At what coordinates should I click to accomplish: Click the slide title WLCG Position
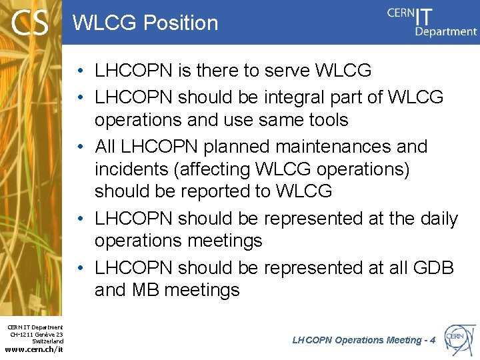[x=145, y=23]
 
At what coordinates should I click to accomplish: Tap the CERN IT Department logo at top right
[x=432, y=21]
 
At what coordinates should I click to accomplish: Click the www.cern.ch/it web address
[x=34, y=349]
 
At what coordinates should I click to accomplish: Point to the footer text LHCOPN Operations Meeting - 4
[x=364, y=340]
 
